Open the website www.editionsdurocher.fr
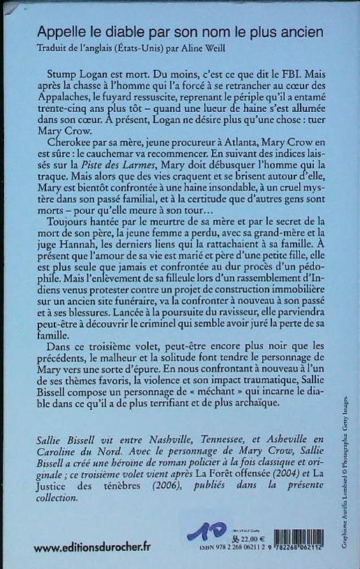click(x=92, y=547)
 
